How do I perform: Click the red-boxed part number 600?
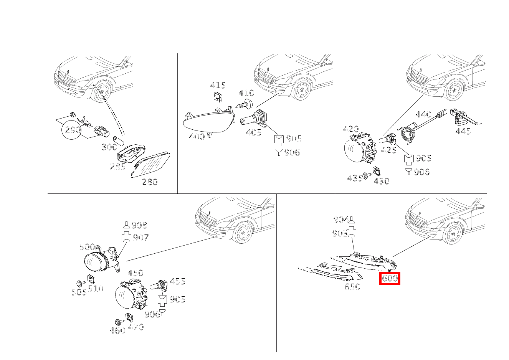(390, 278)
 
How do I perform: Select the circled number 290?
(73, 130)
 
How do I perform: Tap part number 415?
(218, 86)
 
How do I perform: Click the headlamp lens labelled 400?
(208, 121)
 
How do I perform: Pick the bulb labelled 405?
(253, 119)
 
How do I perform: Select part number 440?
(423, 114)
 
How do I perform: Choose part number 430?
(381, 181)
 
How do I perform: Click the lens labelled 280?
(150, 164)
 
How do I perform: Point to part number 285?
(117, 167)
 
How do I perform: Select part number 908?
(139, 225)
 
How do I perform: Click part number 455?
(177, 282)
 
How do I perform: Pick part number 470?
(136, 327)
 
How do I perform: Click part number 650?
(352, 287)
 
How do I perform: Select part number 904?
(341, 220)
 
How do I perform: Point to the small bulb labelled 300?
(118, 141)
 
